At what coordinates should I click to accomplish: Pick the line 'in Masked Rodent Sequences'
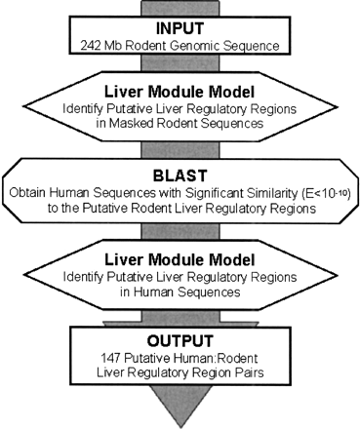coord(179,125)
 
